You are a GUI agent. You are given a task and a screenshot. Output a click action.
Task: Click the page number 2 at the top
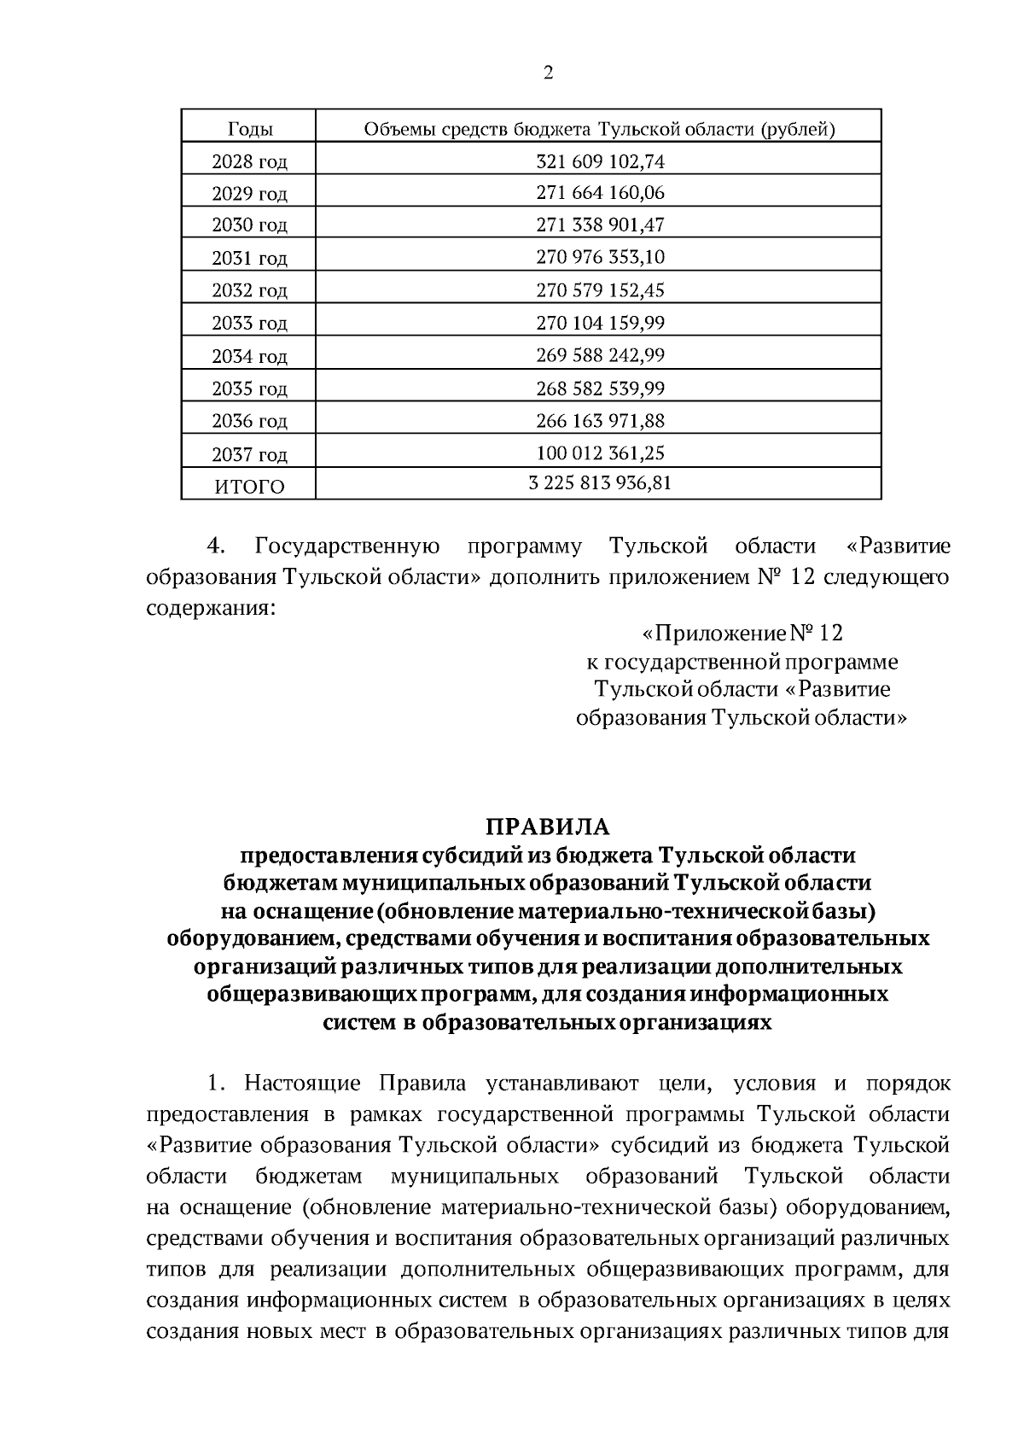coord(548,73)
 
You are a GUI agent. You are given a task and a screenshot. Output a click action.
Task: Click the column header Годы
coord(250,130)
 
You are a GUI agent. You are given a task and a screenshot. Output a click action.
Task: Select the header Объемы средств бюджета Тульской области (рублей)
coord(599,130)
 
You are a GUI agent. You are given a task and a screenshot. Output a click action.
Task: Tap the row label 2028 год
coord(249,161)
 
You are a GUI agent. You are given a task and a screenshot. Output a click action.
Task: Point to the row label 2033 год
coord(249,324)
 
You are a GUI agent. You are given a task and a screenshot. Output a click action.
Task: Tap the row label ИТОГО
coord(249,487)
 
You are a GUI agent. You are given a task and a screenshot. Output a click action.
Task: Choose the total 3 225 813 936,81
coord(600,484)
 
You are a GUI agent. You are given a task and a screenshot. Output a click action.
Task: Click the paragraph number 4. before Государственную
coord(216,546)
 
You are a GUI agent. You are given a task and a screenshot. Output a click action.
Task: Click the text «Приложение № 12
coord(742,634)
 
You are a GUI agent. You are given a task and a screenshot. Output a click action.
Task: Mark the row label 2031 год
coord(249,258)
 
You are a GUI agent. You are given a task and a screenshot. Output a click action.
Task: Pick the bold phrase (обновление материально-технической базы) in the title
coord(626,911)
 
